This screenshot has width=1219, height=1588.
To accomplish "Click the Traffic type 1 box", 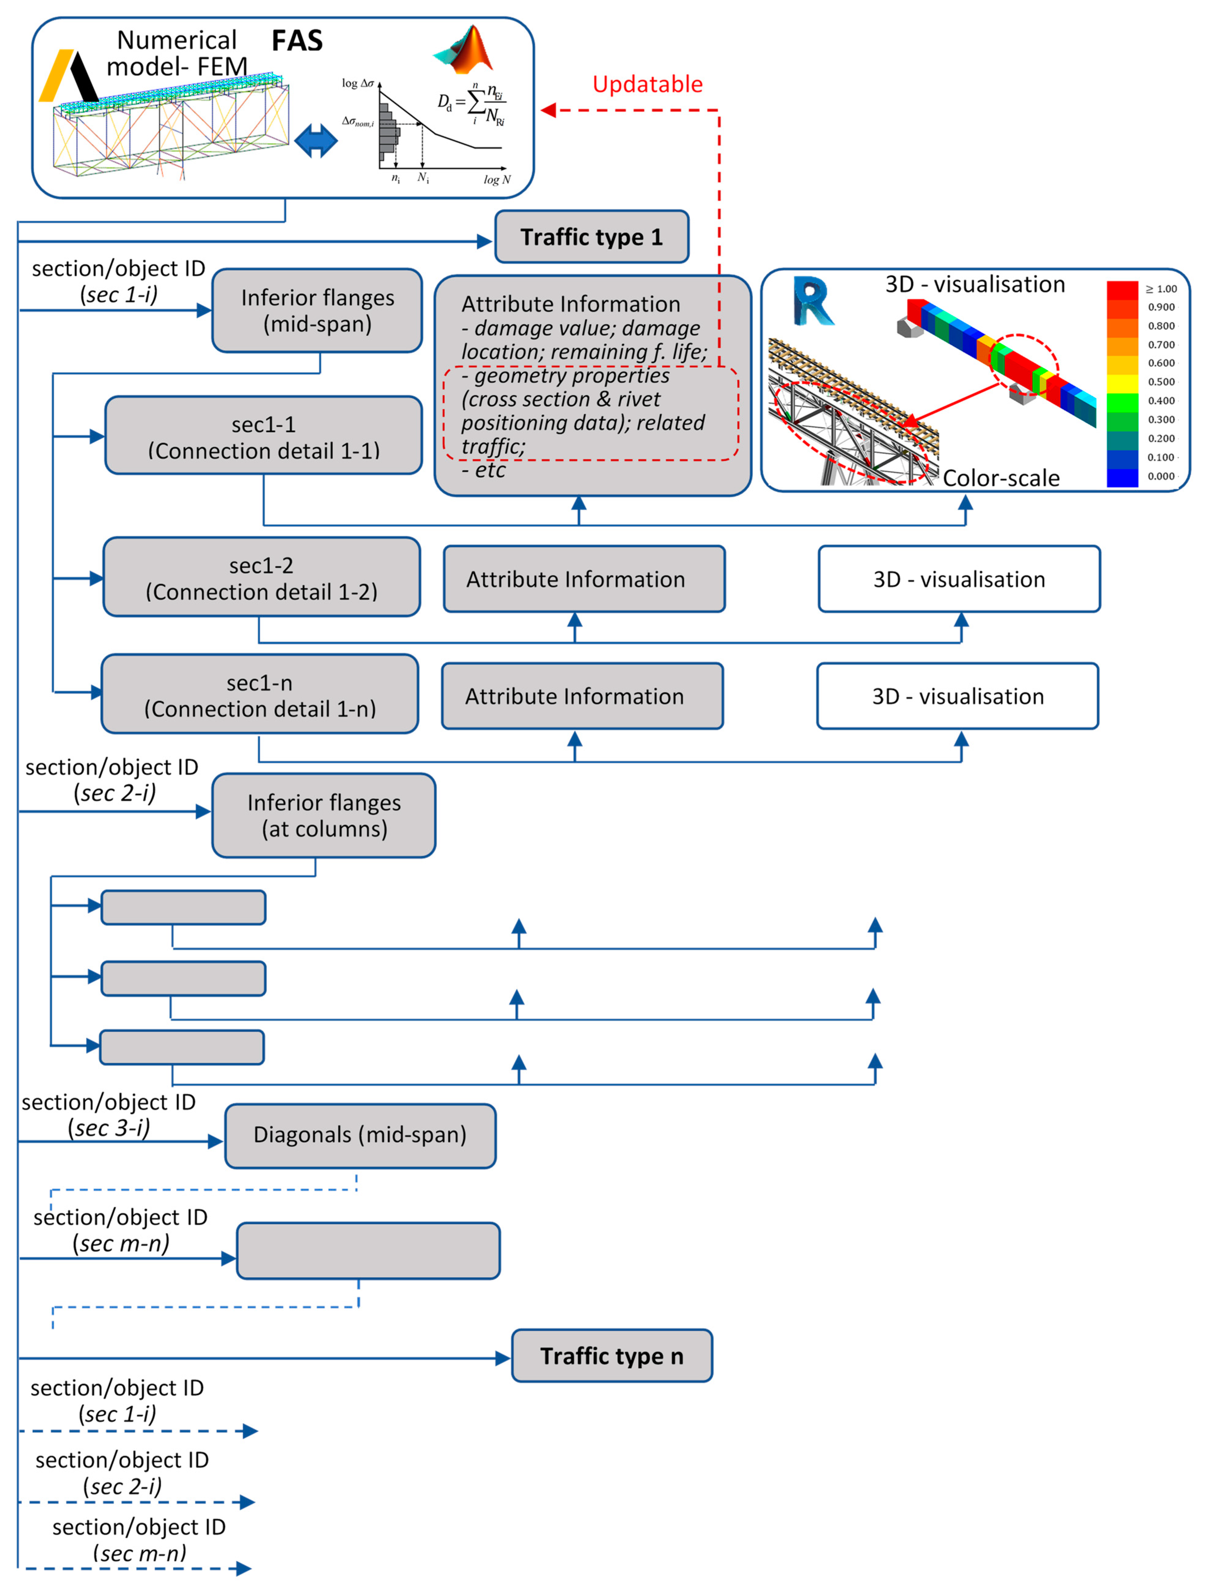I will click(x=591, y=237).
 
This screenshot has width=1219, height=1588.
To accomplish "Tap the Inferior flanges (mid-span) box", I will click(x=317, y=310).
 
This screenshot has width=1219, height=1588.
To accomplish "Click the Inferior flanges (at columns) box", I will click(x=324, y=815).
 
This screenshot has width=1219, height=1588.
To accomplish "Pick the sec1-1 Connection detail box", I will click(x=263, y=436).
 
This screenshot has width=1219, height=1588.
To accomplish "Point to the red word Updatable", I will click(x=647, y=84).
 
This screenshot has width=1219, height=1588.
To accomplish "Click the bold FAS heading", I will click(x=297, y=41).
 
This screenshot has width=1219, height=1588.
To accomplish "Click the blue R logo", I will click(x=813, y=301).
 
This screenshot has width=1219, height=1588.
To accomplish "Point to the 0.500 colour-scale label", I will click(x=1161, y=382).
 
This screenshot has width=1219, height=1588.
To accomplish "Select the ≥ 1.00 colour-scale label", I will click(x=1161, y=289).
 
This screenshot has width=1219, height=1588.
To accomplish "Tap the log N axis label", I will click(x=497, y=179).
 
